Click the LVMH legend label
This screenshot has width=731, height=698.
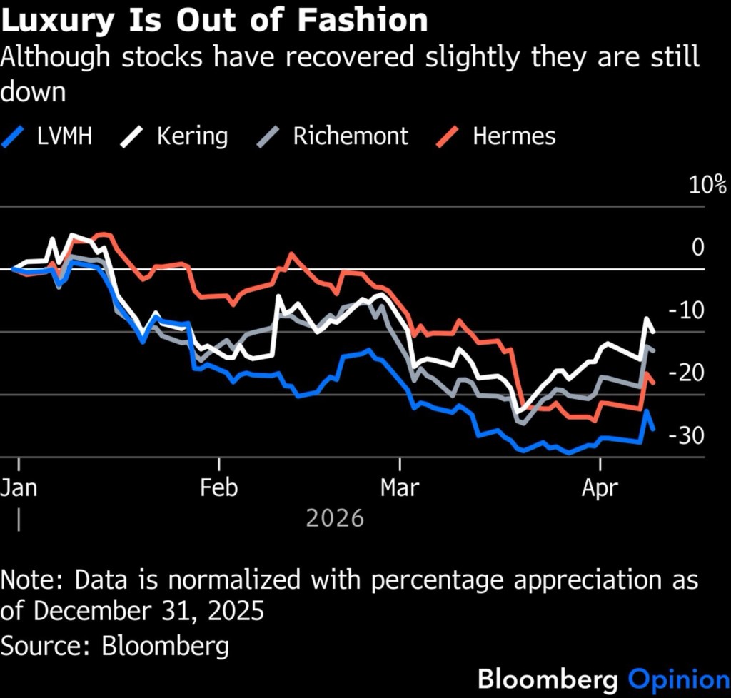64,136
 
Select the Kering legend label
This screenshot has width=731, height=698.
193,136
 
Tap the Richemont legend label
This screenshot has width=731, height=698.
351,136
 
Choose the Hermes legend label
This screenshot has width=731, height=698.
514,136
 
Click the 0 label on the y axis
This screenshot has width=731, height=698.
697,247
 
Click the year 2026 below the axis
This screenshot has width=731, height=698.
335,517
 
